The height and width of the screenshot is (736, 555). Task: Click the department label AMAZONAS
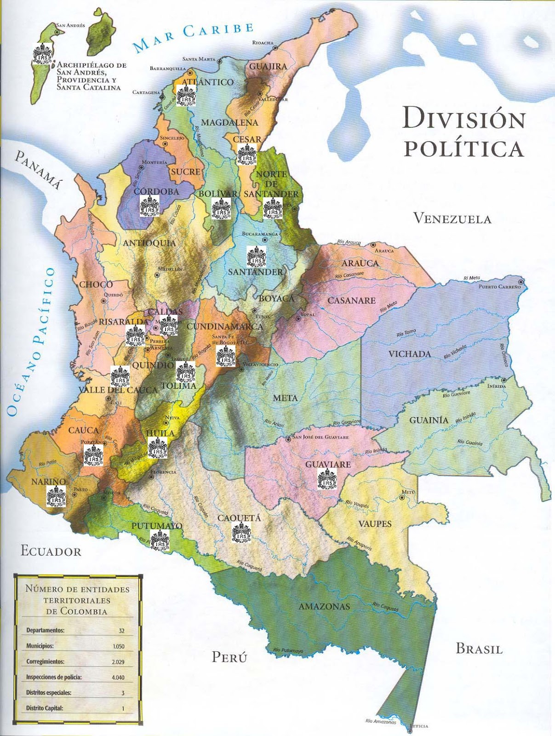coord(324,606)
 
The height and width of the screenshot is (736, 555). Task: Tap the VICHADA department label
coord(410,354)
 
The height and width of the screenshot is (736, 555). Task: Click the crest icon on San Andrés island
coord(42,53)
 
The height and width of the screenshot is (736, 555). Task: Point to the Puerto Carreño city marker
coord(521,282)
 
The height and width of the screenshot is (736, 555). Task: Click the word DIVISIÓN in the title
coord(463,119)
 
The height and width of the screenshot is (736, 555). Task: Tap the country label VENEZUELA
coord(452,218)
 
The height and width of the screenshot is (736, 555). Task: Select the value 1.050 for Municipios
coord(118,646)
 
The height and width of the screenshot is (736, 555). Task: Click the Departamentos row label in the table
coord(45,631)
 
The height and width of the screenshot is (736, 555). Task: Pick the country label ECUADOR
coord(51,552)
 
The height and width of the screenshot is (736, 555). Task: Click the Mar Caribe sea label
coord(193,36)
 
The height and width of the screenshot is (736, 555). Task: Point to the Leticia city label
coord(419,726)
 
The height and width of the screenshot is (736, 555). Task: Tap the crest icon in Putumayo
coord(160,540)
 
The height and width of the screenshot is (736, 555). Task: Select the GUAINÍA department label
coord(429,420)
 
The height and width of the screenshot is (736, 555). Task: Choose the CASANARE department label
coord(351,300)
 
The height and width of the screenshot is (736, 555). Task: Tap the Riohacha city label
coord(263,43)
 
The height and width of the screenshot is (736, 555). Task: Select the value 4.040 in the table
coord(118,678)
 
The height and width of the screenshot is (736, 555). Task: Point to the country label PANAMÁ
coord(39,169)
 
